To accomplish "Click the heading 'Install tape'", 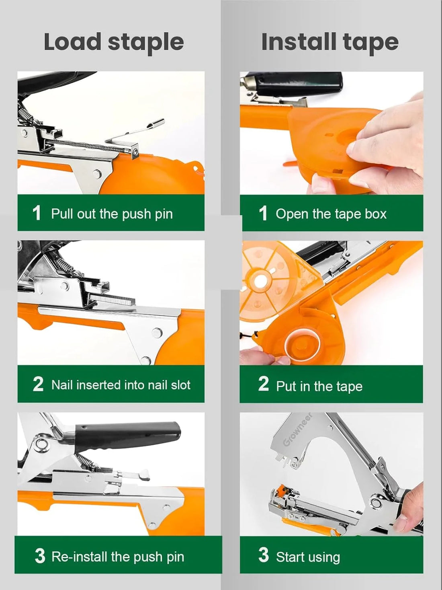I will [329, 42].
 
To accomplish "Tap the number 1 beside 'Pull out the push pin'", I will [37, 213].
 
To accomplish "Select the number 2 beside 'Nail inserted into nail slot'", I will [38, 384].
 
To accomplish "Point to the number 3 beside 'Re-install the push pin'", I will [40, 556].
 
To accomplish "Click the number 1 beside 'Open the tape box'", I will [263, 213].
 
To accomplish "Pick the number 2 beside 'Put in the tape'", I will [264, 384].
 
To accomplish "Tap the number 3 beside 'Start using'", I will [264, 555].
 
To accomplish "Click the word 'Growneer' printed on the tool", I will [298, 429].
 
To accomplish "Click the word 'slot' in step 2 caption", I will [180, 385].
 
